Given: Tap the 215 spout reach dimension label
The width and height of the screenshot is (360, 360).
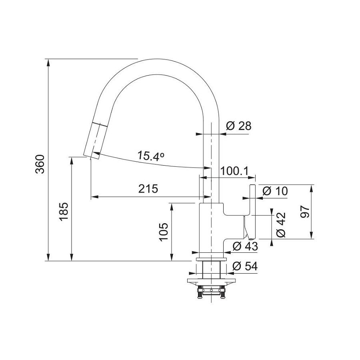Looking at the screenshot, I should tap(148, 189).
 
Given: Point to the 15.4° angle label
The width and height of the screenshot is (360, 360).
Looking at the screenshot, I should tap(151, 155).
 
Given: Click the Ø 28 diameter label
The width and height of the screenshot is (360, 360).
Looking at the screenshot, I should tap(238, 126).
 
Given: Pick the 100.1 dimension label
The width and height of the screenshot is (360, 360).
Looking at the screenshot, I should tap(234, 171).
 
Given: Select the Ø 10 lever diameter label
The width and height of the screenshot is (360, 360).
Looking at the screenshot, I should tap(275, 191).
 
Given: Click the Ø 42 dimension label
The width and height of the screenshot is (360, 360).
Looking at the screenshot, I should tap(281, 225).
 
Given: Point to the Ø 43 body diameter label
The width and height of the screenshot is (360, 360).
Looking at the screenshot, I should tap(245, 246).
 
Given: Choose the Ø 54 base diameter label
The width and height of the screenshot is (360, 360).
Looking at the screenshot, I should tap(245, 266).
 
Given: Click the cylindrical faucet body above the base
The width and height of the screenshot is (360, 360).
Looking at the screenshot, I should tap(210, 228).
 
